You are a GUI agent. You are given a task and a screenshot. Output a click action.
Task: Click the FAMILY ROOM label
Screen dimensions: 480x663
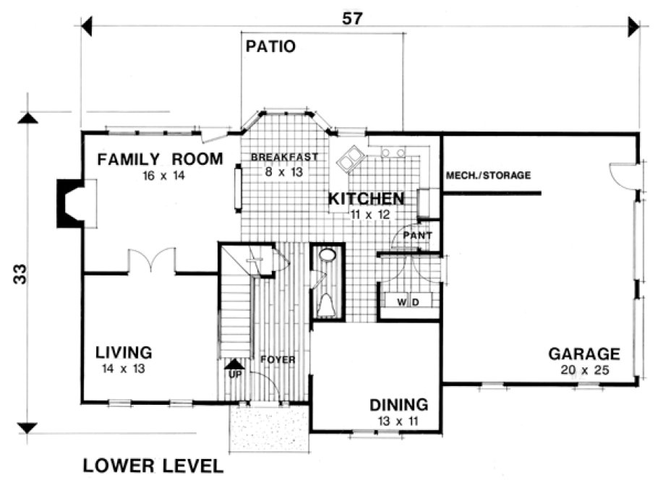click(161, 159)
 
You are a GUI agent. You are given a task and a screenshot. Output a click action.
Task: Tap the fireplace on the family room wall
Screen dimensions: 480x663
click(72, 203)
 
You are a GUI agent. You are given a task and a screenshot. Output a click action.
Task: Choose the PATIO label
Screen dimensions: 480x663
click(270, 48)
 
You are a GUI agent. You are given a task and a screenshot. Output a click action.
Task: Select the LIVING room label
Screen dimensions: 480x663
click(124, 353)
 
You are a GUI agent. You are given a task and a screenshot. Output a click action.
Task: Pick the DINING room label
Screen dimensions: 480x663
click(398, 406)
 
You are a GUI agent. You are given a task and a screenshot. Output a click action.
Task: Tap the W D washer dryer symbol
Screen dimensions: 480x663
click(408, 300)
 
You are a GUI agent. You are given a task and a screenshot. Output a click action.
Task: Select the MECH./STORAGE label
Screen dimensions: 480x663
click(489, 175)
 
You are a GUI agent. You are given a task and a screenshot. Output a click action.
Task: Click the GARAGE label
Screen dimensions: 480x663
click(583, 354)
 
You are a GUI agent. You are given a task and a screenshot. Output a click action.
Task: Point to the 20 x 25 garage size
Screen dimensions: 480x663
click(583, 370)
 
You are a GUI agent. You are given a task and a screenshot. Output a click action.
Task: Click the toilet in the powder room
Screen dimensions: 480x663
click(327, 304)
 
